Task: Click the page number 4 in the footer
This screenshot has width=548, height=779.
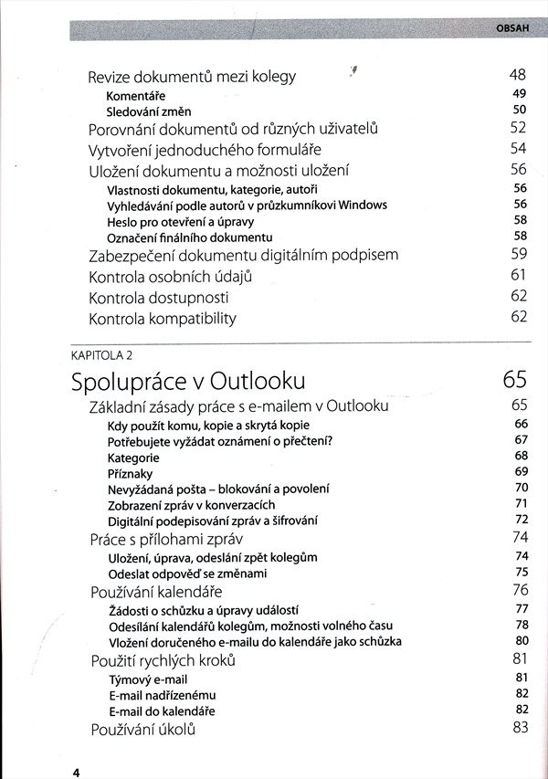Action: (x=78, y=772)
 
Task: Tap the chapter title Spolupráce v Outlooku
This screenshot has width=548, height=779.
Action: (x=188, y=380)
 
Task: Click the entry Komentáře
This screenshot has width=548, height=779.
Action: (x=135, y=95)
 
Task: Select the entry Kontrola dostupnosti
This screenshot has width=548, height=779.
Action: (x=159, y=298)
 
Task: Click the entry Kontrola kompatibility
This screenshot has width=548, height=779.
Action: (x=163, y=319)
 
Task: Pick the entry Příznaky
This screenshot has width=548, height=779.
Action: (x=130, y=473)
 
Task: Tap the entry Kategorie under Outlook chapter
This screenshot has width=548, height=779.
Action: (x=133, y=457)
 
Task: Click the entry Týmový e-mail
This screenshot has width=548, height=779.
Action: (x=148, y=679)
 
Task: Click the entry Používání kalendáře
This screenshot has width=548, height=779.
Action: (x=156, y=591)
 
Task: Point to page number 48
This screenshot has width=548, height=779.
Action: (x=519, y=75)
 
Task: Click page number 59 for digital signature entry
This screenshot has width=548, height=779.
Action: (x=519, y=254)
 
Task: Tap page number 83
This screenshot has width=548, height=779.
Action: (x=521, y=728)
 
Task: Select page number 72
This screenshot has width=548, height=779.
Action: (x=522, y=520)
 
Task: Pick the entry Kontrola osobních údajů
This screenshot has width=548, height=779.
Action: (x=169, y=276)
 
